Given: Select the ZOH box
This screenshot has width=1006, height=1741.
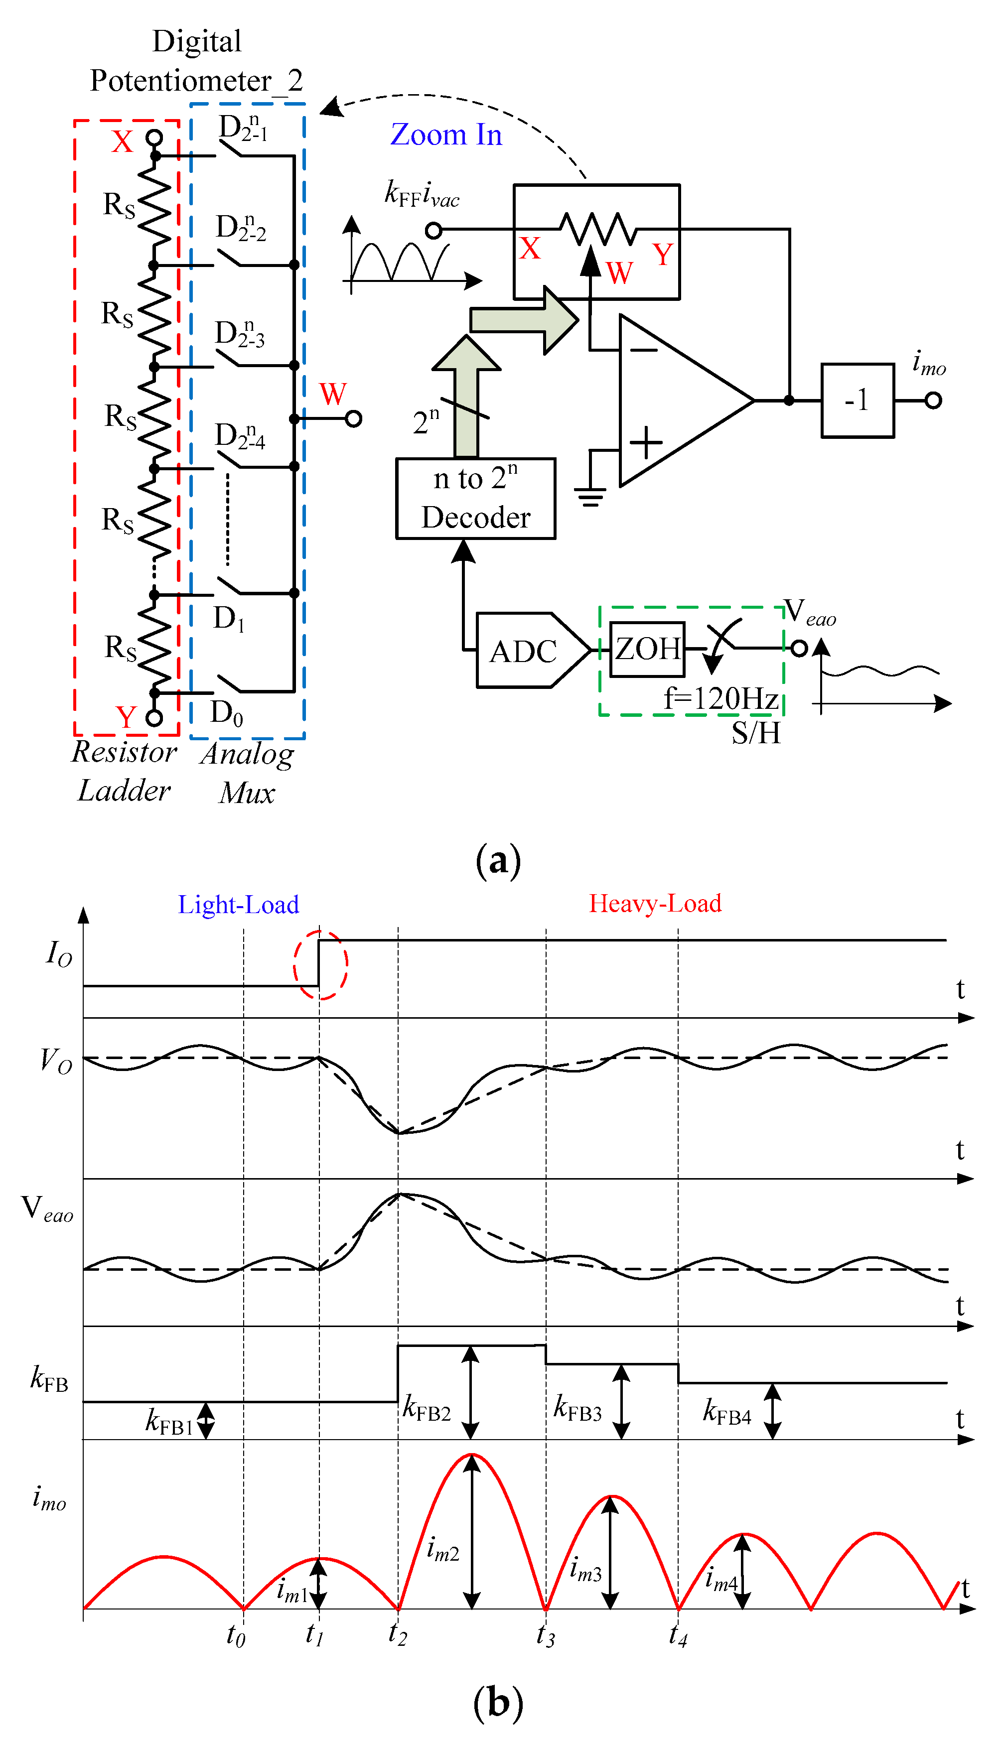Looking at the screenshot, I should [x=647, y=649].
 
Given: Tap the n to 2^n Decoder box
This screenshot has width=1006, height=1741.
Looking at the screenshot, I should [x=475, y=498].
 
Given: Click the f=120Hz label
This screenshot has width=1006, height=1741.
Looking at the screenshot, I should [x=720, y=698].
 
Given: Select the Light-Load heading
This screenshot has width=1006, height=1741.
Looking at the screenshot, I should [x=238, y=904].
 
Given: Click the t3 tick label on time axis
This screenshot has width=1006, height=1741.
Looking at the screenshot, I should [x=545, y=1635].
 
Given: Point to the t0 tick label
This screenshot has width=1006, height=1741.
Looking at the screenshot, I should [x=236, y=1635].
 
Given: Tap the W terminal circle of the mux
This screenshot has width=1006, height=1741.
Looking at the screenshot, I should [x=353, y=418].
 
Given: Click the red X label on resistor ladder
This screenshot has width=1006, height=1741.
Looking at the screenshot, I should [x=122, y=141].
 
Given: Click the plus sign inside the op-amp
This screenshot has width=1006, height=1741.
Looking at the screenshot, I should [x=647, y=442].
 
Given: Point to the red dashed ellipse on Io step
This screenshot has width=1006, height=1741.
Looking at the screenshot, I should [x=320, y=965].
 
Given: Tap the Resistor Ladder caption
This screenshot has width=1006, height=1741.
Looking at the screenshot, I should [x=125, y=771].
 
